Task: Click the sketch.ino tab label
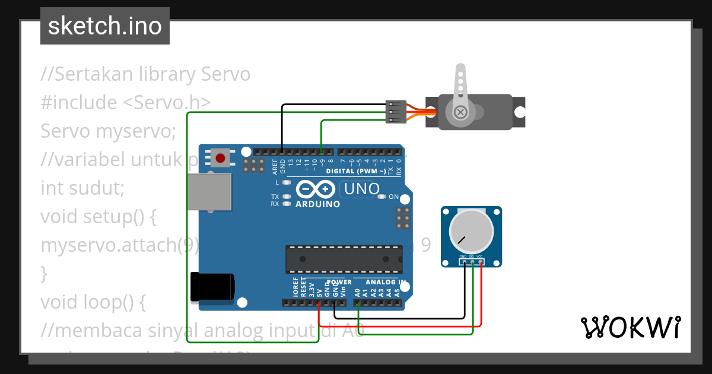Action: (105, 26)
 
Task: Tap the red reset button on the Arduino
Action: (221, 158)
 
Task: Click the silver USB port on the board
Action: (209, 191)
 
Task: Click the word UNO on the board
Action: (360, 189)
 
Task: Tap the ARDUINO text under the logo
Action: (317, 204)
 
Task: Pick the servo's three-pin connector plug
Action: (396, 112)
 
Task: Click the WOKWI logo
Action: (630, 327)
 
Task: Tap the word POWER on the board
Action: (339, 282)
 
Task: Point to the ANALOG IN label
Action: (385, 282)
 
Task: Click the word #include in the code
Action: (79, 103)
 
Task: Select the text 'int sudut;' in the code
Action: (82, 188)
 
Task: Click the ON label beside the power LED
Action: (393, 196)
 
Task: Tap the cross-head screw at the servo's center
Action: (460, 112)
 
